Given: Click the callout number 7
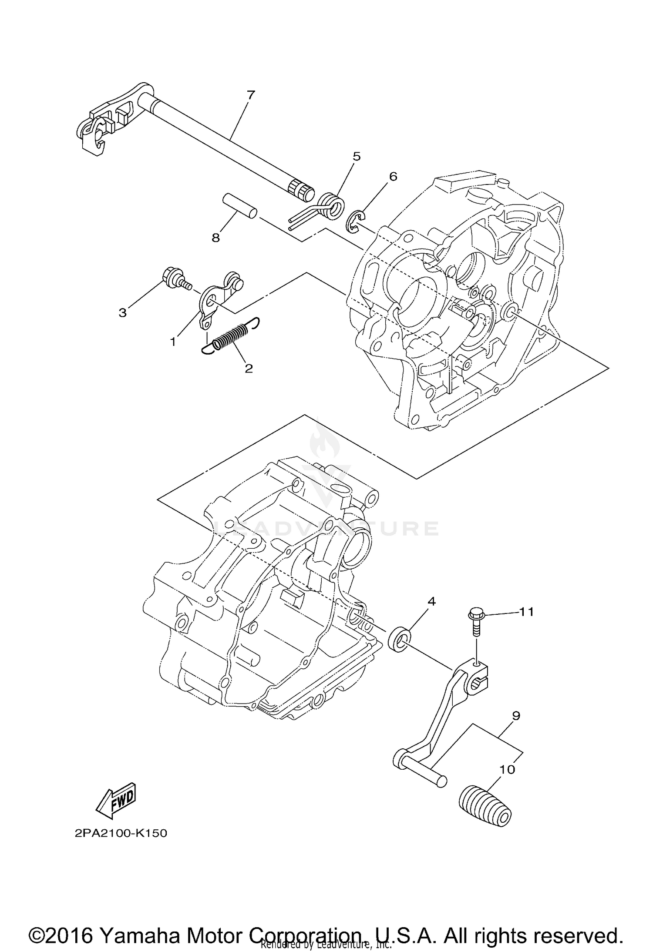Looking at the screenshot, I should pyautogui.click(x=250, y=95).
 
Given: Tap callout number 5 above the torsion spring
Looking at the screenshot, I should pyautogui.click(x=357, y=157).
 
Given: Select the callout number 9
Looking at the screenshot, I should pyautogui.click(x=516, y=715).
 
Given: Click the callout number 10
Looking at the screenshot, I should pyautogui.click(x=507, y=769).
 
